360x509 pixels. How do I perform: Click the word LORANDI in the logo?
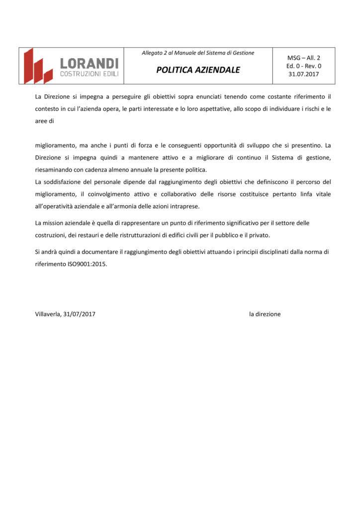[x=89, y=63]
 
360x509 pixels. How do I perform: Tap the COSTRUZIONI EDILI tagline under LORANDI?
[x=89, y=74]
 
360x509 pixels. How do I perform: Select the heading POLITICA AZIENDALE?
[x=198, y=70]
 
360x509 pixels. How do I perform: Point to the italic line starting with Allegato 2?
[x=198, y=53]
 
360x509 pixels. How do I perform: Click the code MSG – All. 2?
[x=304, y=58]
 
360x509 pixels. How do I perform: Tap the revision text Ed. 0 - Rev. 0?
[x=304, y=66]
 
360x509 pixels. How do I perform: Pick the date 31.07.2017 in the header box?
[x=304, y=74]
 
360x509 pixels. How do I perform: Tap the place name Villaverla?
[x=48, y=314]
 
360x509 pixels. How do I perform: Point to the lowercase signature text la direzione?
[x=265, y=314]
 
